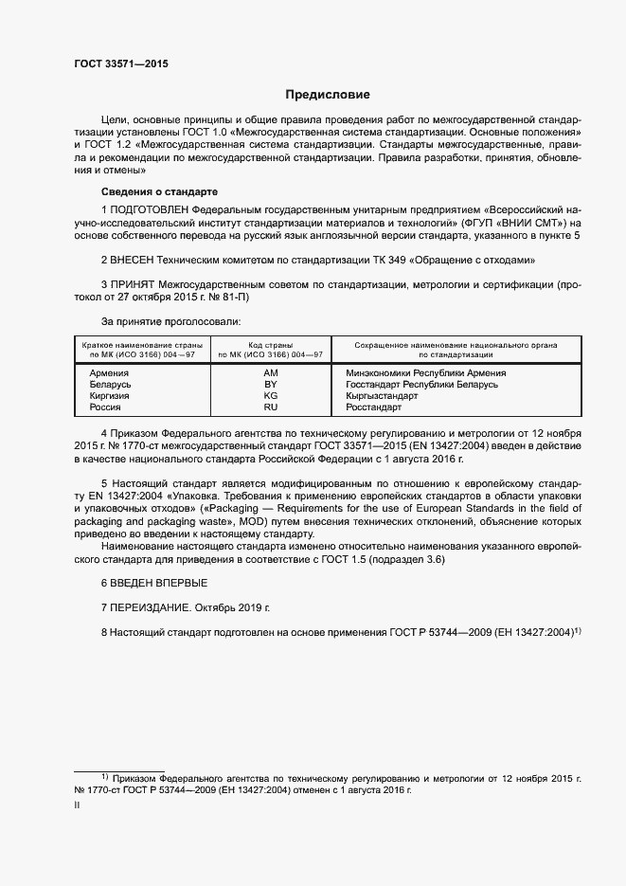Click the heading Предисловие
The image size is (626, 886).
[328, 95]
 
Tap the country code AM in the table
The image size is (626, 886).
[271, 373]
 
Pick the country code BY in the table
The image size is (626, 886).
[271, 385]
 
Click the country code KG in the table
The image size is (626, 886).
[271, 396]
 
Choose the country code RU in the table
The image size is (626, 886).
[271, 407]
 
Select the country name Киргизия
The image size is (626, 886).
[110, 396]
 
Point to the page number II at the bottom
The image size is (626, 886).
[77, 805]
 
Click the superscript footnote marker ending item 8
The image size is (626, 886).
[576, 629]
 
